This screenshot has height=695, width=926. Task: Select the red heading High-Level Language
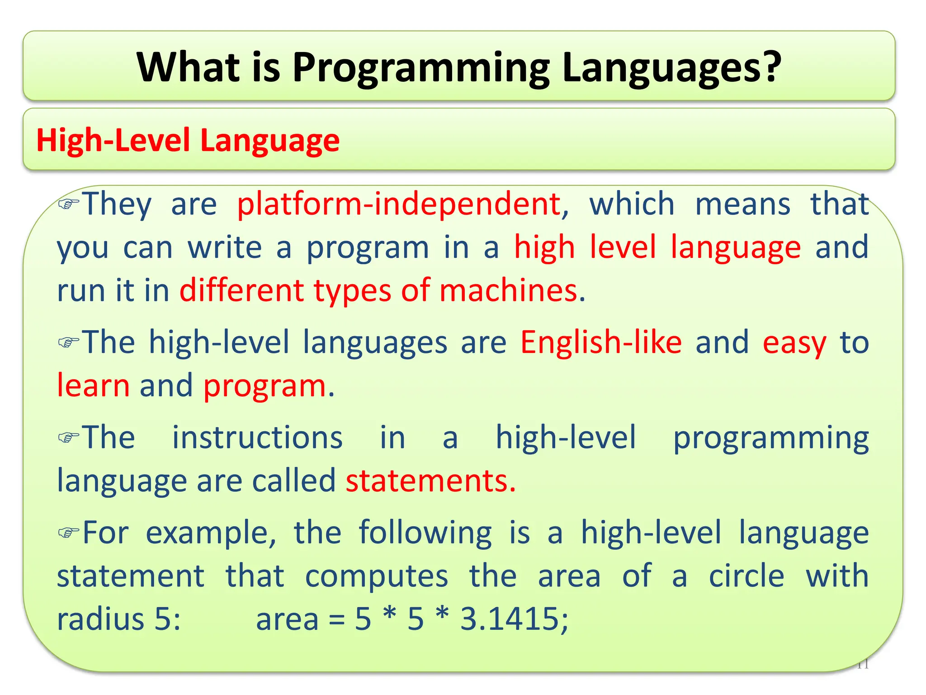click(x=188, y=140)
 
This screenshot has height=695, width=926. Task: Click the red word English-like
click(x=601, y=342)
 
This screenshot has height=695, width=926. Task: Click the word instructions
click(x=258, y=438)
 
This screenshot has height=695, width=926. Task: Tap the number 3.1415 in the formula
click(x=510, y=619)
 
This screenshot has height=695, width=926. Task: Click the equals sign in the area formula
click(x=336, y=619)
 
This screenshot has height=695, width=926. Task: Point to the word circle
click(x=746, y=576)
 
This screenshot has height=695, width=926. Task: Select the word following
click(x=425, y=533)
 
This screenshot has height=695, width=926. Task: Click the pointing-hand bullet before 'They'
click(x=69, y=204)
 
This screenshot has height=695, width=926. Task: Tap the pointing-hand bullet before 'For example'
click(x=69, y=533)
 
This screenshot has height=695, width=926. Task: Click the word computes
click(x=377, y=576)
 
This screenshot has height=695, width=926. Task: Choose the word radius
click(x=101, y=619)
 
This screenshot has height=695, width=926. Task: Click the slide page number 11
click(x=863, y=665)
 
